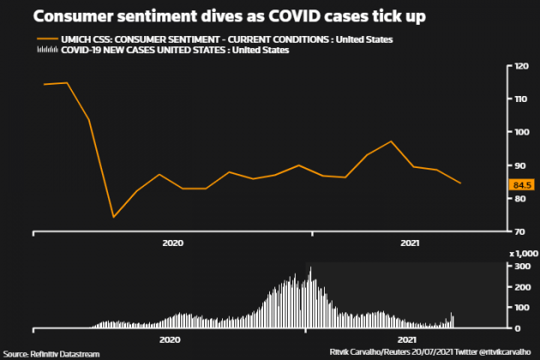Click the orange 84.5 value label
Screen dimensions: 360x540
click(x=521, y=184)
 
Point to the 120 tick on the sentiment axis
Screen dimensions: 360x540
click(x=520, y=67)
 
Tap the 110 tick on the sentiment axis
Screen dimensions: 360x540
click(x=520, y=99)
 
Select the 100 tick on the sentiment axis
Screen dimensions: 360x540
click(x=520, y=132)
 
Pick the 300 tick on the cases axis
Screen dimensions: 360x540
click(x=520, y=266)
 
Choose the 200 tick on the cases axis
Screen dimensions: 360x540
click(x=520, y=286)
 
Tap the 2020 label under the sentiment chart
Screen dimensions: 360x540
click(x=172, y=243)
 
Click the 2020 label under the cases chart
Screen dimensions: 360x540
click(x=170, y=339)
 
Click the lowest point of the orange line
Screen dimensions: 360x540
click(x=113, y=217)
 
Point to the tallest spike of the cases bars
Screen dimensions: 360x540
click(x=310, y=267)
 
